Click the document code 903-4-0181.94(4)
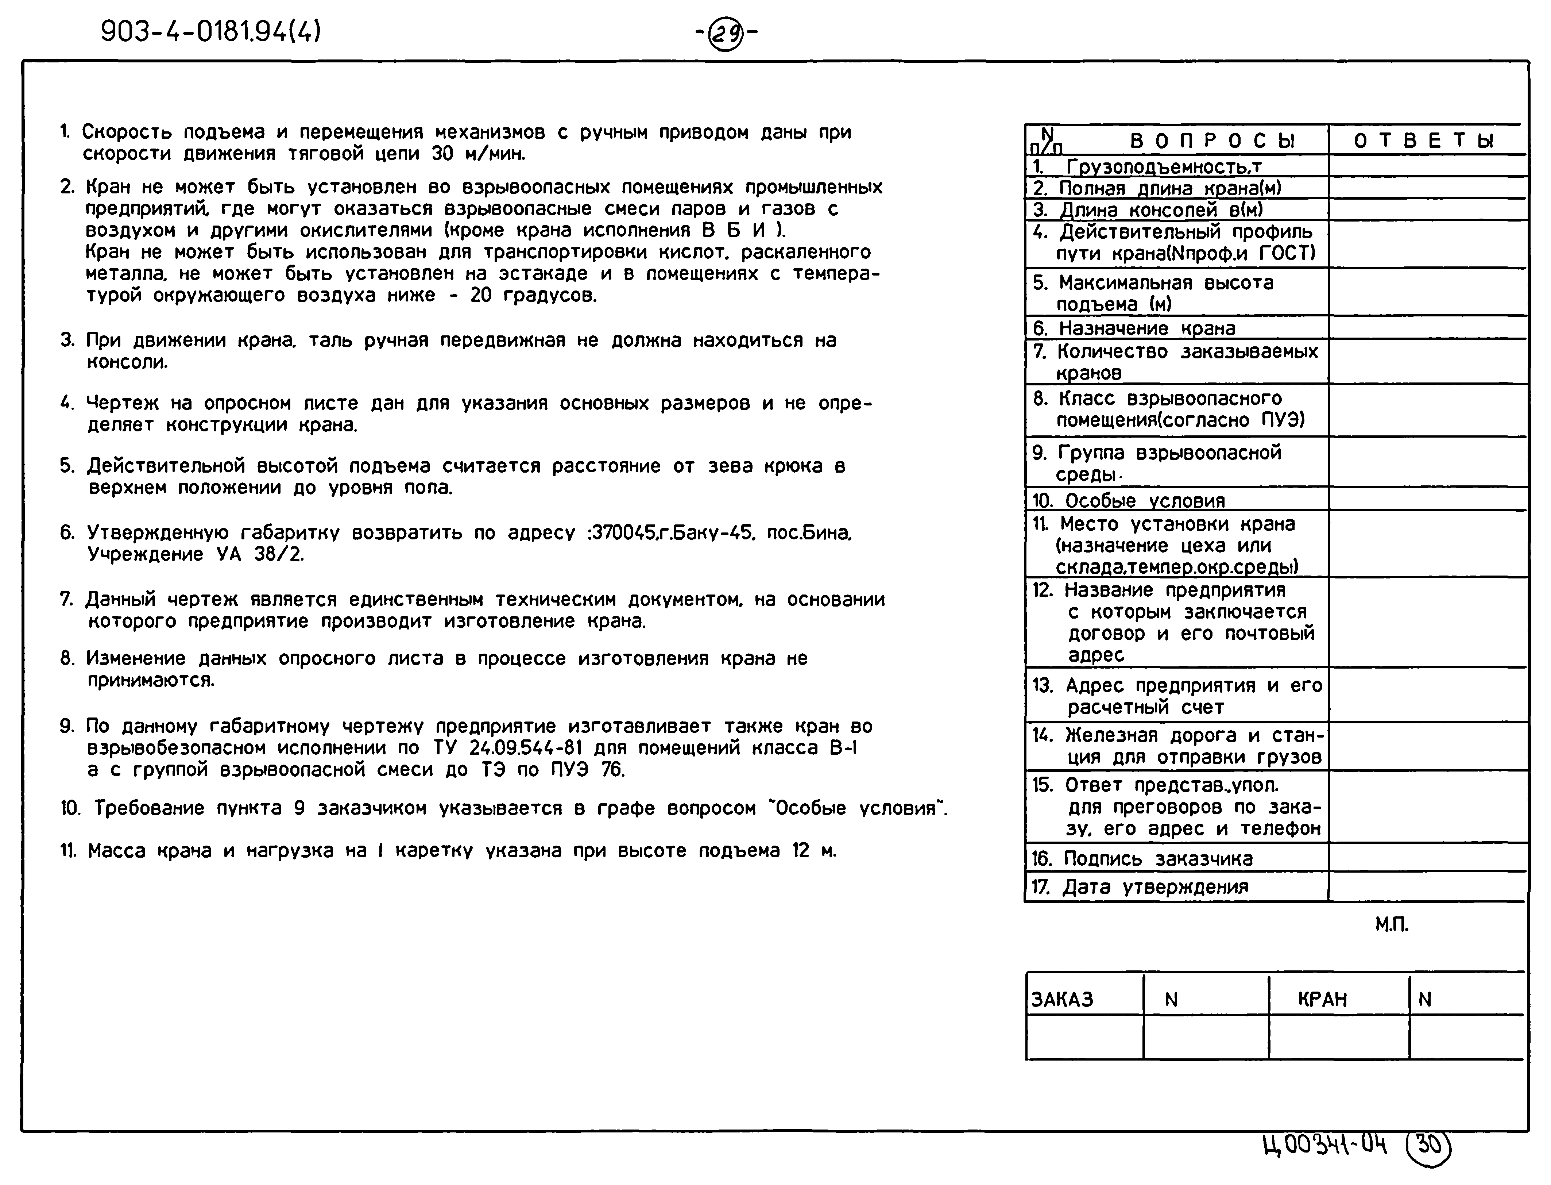210,31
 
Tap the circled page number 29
726,33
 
